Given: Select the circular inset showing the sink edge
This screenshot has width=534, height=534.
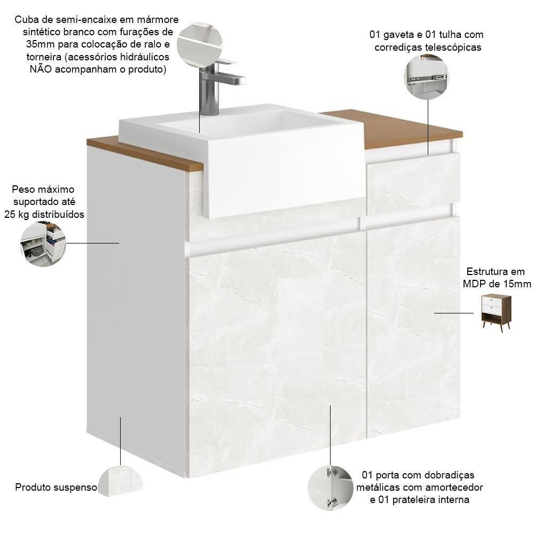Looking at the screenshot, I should pos(199,44).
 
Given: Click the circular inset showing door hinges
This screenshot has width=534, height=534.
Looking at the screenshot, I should pos(331,488).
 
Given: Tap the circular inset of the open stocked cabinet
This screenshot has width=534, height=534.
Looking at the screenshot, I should pos(43,244).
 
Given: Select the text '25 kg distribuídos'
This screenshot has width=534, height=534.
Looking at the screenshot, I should pos(48,215).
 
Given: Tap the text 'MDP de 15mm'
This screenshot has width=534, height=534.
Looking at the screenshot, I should pos(497,284).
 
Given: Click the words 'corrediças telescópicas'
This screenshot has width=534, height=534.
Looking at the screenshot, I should pos(428,47).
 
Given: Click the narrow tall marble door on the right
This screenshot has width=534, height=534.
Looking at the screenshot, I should pos(413,326).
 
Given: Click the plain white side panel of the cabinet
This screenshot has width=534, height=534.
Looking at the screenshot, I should pos(136,320).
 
